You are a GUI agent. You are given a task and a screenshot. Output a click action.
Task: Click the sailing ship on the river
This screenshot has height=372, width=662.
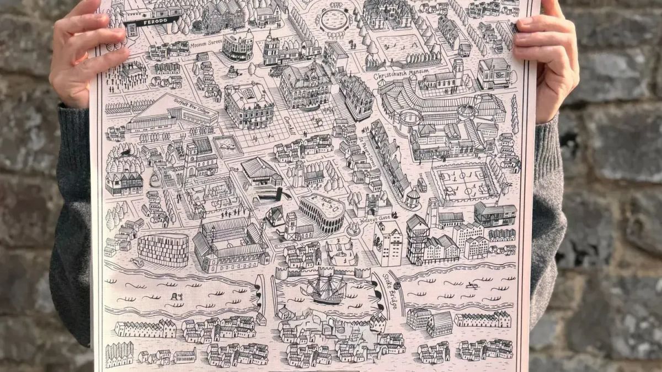coord(324,290)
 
